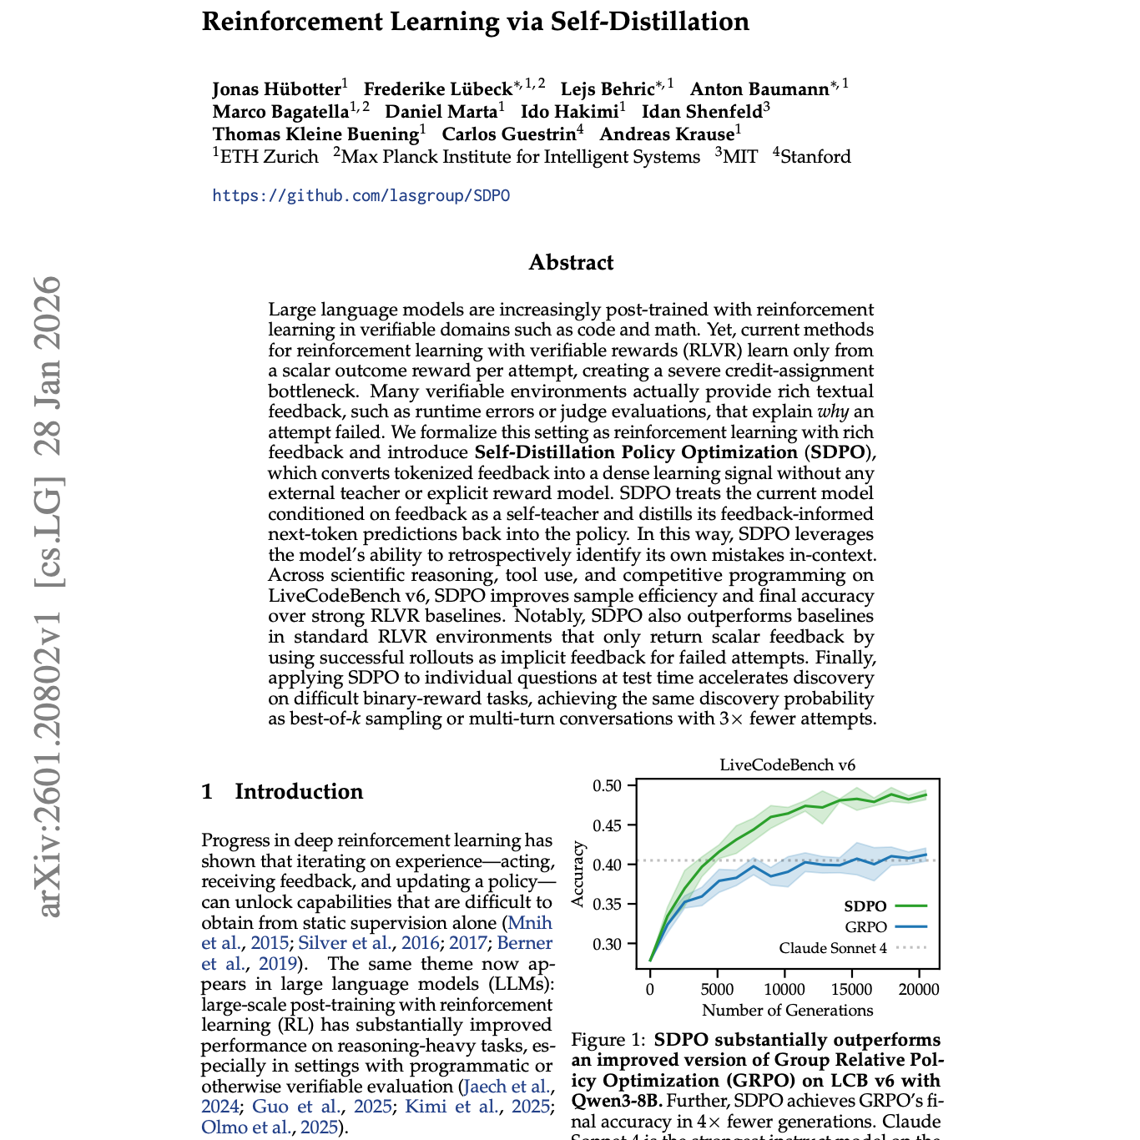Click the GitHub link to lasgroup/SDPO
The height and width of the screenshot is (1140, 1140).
[361, 196]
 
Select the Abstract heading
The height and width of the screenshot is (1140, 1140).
[571, 263]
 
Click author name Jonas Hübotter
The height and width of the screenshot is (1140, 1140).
[276, 89]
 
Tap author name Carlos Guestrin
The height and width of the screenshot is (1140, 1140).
[508, 134]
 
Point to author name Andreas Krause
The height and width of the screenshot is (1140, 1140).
[666, 134]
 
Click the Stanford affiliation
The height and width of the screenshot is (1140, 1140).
[815, 157]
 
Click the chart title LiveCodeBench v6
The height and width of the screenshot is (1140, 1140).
[787, 765]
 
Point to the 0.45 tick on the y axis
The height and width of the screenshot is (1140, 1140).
[607, 825]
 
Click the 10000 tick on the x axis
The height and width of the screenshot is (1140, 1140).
[784, 990]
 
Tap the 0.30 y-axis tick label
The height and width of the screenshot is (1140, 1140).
[607, 944]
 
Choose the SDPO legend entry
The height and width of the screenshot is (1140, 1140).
[865, 906]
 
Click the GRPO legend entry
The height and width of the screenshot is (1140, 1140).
[865, 927]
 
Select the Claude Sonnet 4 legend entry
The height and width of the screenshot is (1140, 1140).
[833, 948]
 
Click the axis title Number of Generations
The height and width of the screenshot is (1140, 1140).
[787, 1011]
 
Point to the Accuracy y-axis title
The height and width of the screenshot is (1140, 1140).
[578, 874]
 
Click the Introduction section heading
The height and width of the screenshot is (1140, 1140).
[298, 792]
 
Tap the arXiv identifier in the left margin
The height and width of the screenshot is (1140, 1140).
[50, 596]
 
